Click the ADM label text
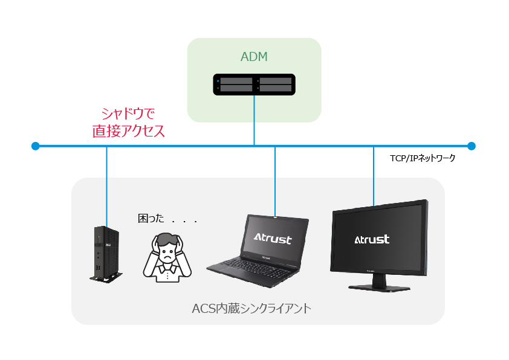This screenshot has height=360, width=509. tap(254, 57)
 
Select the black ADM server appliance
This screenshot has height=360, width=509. tap(254, 84)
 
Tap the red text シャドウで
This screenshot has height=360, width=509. tap(128, 113)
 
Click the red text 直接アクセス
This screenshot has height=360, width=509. tap(128, 131)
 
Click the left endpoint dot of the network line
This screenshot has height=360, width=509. tap(36, 146)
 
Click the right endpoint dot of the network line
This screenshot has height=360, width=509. tap(472, 146)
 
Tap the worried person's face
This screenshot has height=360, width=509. tap(166, 248)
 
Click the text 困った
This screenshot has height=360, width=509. tap(151, 219)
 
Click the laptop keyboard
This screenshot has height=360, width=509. tap(248, 266)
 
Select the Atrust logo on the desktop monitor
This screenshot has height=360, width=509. tap(372, 239)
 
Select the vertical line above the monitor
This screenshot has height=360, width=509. tap(373, 175)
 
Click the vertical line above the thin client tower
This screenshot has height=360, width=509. tap(106, 184)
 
